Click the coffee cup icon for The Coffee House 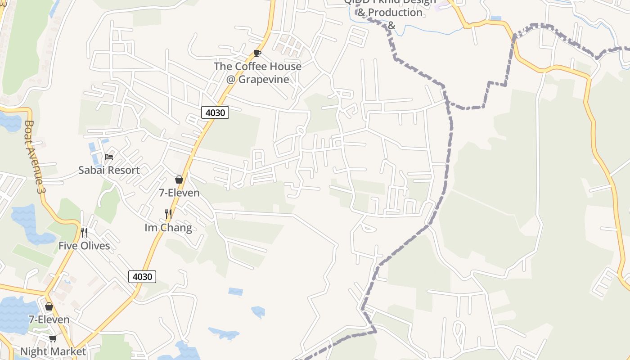(257, 54)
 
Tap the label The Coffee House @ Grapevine (257, 72)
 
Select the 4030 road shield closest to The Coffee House (215, 112)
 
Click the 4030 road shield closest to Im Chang (143, 276)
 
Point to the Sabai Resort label (109, 170)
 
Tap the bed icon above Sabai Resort (109, 157)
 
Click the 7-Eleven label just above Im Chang (179, 193)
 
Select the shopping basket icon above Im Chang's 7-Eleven (179, 180)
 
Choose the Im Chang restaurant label (168, 228)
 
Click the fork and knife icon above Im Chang (168, 214)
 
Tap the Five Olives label (84, 246)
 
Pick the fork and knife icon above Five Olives (84, 232)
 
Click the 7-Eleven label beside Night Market (49, 319)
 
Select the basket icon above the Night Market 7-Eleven (49, 306)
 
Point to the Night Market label (53, 351)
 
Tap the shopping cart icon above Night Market (53, 338)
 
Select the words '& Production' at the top (390, 13)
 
